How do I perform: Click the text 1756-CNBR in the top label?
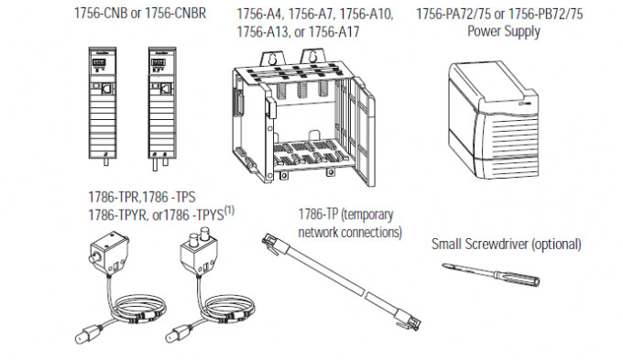(175, 13)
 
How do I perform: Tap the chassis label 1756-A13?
(262, 31)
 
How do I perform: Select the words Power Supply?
(503, 31)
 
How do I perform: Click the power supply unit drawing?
(494, 119)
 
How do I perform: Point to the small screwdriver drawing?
(491, 274)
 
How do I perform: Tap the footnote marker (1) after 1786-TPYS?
(230, 210)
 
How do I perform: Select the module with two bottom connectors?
(162, 108)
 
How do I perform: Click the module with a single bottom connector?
(102, 106)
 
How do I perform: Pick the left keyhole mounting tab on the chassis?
(272, 60)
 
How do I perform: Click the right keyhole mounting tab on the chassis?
(313, 58)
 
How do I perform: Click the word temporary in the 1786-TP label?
(367, 215)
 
